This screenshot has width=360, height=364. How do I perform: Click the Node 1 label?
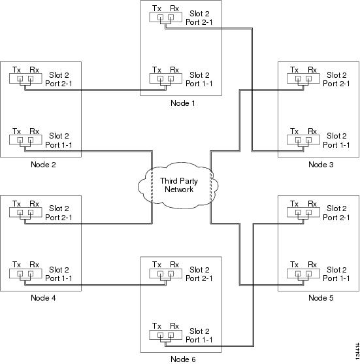click(x=183, y=103)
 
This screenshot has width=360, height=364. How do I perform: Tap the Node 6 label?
click(x=183, y=359)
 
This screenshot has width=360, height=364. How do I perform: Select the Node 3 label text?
click(x=321, y=165)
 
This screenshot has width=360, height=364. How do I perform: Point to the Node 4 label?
click(x=43, y=298)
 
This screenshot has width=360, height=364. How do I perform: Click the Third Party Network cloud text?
click(x=179, y=185)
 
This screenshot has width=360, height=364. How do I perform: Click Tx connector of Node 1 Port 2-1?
click(x=160, y=17)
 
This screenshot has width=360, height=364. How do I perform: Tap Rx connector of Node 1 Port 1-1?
click(x=171, y=78)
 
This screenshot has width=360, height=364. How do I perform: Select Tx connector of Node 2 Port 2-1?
click(x=20, y=78)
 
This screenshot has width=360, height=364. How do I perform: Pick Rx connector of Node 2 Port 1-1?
click(x=31, y=140)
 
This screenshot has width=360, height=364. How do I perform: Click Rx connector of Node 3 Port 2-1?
click(x=308, y=78)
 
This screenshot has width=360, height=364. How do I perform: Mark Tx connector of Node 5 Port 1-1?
click(x=298, y=274)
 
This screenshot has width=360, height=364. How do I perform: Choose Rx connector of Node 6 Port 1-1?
click(x=171, y=335)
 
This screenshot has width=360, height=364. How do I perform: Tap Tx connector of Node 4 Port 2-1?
click(x=20, y=212)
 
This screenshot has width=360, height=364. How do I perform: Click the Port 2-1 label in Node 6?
click(x=199, y=278)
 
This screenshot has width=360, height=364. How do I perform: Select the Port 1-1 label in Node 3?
click(x=336, y=145)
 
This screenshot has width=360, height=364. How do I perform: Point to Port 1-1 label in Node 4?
click(x=59, y=278)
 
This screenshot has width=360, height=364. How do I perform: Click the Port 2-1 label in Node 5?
click(x=336, y=218)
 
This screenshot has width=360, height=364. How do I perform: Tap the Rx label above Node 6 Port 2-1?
click(x=174, y=265)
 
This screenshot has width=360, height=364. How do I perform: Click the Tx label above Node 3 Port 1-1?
click(x=294, y=131)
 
